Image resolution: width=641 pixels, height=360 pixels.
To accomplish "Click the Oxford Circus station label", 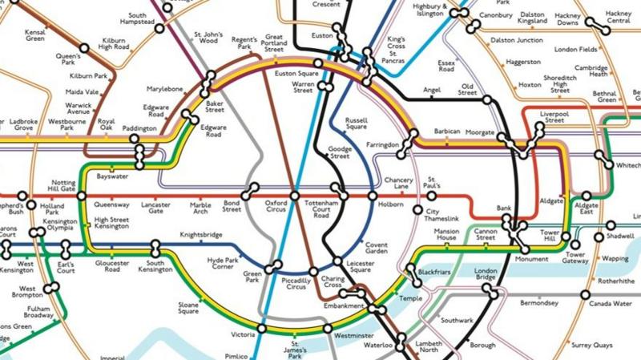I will coord(276,208).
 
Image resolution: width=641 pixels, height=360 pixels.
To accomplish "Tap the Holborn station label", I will coord(391,204).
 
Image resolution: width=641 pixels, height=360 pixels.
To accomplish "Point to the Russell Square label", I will coord(357,124).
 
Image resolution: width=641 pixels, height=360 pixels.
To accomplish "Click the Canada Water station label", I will coord(611,304).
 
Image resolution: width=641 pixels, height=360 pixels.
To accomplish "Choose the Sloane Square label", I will coord(187,308).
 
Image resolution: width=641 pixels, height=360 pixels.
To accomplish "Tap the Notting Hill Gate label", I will coord(63,187).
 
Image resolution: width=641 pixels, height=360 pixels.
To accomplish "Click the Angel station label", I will coord(432,91).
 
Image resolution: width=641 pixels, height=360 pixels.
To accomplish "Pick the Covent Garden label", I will coord(377,249).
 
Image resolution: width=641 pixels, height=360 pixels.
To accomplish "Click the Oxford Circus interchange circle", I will coord(294,196).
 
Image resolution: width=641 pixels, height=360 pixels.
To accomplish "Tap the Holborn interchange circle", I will coord(373,196).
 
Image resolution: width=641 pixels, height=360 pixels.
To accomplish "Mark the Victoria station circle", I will coord(261,329).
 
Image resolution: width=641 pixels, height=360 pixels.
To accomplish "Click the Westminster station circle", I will coord(327,329).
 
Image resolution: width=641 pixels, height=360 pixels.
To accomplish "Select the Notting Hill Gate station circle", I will coord(81,196).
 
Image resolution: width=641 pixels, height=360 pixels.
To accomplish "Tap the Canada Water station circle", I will coord(594,293).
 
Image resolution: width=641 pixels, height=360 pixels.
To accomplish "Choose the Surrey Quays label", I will coord(592,346).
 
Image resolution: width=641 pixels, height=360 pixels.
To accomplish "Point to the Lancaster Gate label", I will coord(155,208).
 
